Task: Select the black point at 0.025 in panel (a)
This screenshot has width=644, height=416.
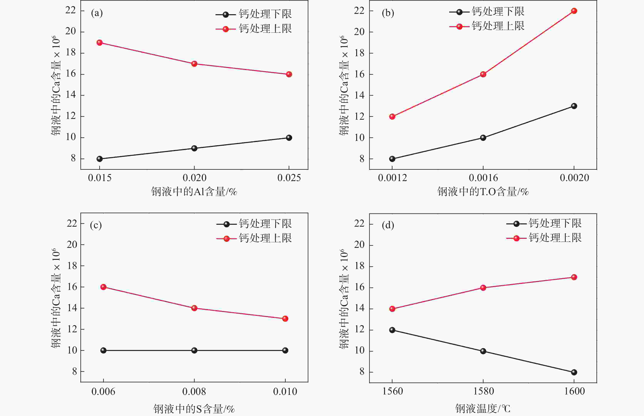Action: coord(289,138)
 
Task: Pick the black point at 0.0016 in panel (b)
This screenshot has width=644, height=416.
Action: coord(483,138)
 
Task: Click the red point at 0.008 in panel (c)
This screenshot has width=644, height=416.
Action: coord(194,308)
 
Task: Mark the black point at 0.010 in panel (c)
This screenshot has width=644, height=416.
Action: coord(285,350)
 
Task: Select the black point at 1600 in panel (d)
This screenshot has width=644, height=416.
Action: coord(574,372)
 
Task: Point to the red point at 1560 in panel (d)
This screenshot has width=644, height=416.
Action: coord(392,309)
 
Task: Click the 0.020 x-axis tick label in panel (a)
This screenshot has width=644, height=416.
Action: coord(194,178)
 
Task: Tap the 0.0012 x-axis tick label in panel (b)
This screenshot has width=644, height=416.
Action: coord(392,178)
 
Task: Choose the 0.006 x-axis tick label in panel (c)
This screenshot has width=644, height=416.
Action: coord(103,391)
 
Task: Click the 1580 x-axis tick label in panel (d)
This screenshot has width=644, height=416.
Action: coord(483,391)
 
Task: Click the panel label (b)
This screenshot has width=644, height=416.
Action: coord(388,13)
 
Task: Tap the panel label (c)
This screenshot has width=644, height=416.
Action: coord(96,225)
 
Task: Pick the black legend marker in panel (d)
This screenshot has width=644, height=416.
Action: coord(516,224)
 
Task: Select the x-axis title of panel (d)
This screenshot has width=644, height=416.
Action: coord(483,408)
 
